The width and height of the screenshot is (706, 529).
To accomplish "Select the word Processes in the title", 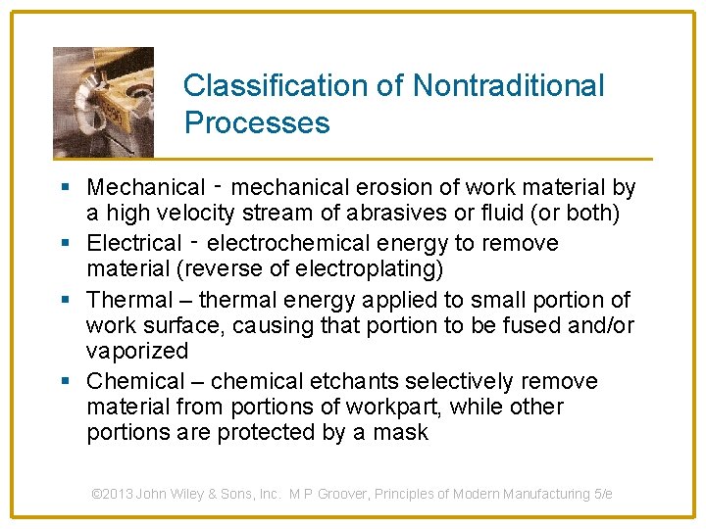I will [x=257, y=123].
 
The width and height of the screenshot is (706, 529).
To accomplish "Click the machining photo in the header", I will [x=103, y=101].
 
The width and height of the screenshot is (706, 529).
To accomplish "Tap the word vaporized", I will [x=136, y=351].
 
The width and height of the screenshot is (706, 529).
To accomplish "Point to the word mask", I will [x=400, y=433].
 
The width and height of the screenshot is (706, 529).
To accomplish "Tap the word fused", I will [x=534, y=325].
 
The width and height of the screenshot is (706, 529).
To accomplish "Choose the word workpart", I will [x=409, y=407].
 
